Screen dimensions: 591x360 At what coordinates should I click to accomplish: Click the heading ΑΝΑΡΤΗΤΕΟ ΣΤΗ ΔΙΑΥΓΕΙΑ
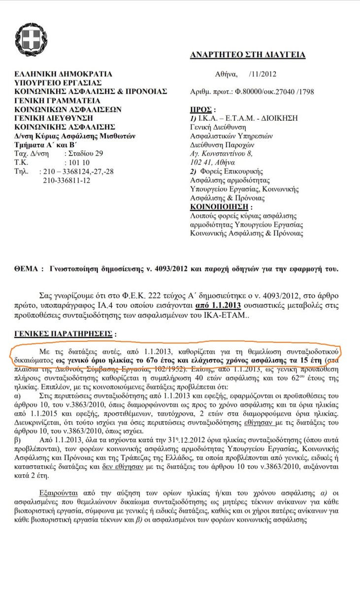point(247,55)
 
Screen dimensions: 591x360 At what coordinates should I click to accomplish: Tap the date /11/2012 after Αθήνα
point(263,74)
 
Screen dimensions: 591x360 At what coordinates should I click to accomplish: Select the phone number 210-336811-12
point(66,180)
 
